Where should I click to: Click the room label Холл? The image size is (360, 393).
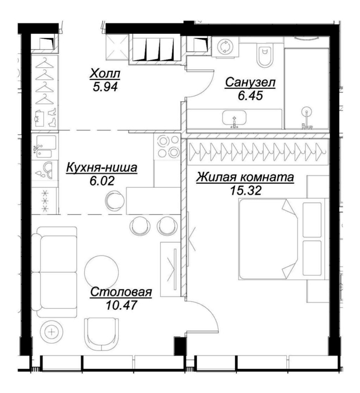(105, 74)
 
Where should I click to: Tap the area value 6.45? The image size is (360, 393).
(250, 95)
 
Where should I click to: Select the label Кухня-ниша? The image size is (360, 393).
(102, 168)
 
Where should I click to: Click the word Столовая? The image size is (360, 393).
(121, 292)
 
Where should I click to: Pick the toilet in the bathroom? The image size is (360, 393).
(265, 55)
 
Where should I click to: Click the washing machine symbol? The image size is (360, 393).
(225, 47)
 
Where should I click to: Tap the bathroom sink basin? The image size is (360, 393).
(234, 118)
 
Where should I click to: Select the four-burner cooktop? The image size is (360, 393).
(167, 146)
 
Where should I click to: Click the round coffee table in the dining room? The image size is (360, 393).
(102, 272)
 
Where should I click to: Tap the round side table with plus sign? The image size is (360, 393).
(51, 332)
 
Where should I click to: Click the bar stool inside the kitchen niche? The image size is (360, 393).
(115, 201)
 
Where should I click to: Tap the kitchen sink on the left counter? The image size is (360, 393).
(44, 146)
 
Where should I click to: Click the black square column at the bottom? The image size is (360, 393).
(180, 346)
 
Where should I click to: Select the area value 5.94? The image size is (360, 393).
(105, 87)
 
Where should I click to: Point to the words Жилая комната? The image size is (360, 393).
(245, 177)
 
